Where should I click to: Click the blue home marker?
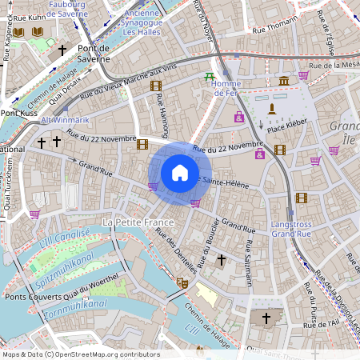180,173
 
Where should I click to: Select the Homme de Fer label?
227,89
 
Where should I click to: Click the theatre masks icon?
182,283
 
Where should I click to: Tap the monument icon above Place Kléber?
272,109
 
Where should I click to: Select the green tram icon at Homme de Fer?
210,78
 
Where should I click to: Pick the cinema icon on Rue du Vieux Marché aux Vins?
155,86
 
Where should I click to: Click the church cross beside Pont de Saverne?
62,50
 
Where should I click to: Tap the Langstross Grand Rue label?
292,230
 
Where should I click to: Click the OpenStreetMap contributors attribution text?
81,354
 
